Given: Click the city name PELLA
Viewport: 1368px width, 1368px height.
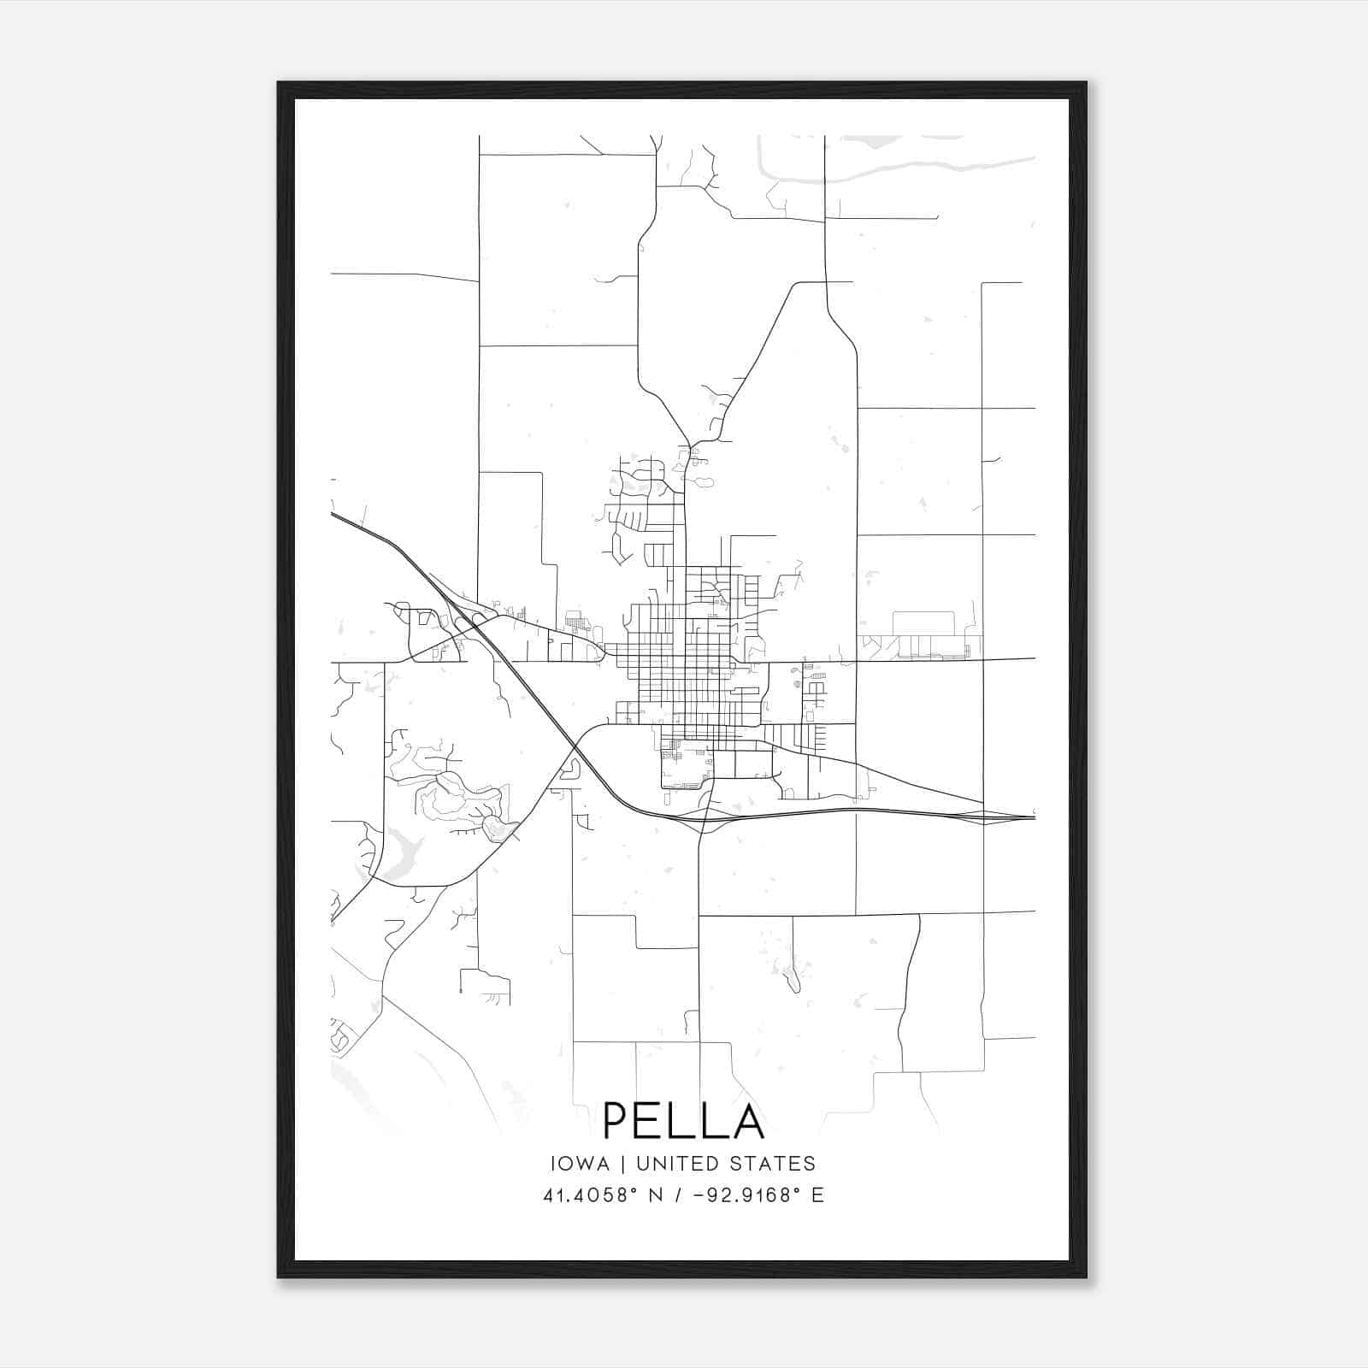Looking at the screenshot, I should click(683, 1120).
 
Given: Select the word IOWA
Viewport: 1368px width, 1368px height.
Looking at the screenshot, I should click(580, 1164).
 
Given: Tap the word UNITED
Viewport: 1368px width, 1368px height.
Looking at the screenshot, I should click(683, 1164).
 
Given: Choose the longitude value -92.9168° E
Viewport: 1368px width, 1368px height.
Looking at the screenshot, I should click(756, 1195).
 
